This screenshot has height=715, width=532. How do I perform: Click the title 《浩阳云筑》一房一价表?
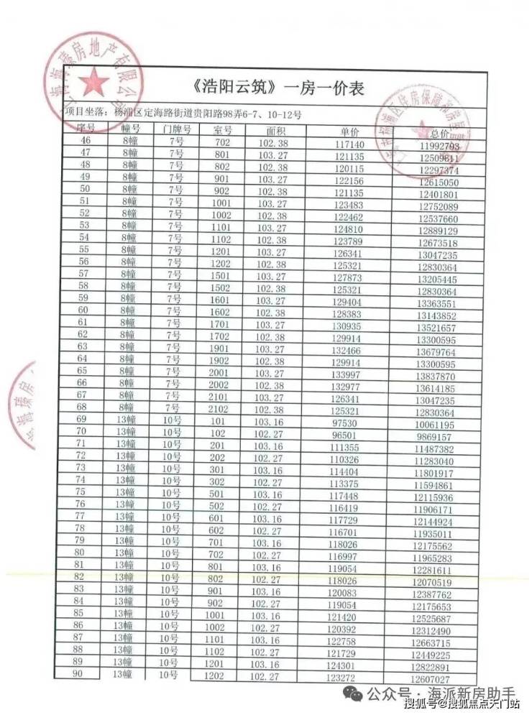pyautogui.click(x=280, y=89)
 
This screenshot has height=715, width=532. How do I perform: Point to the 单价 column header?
pyautogui.click(x=349, y=133)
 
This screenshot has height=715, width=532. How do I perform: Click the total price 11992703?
pyautogui.click(x=439, y=146)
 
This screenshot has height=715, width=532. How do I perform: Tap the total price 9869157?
pyautogui.click(x=434, y=437)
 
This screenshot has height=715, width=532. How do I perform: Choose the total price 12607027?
pyautogui.click(x=430, y=679)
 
